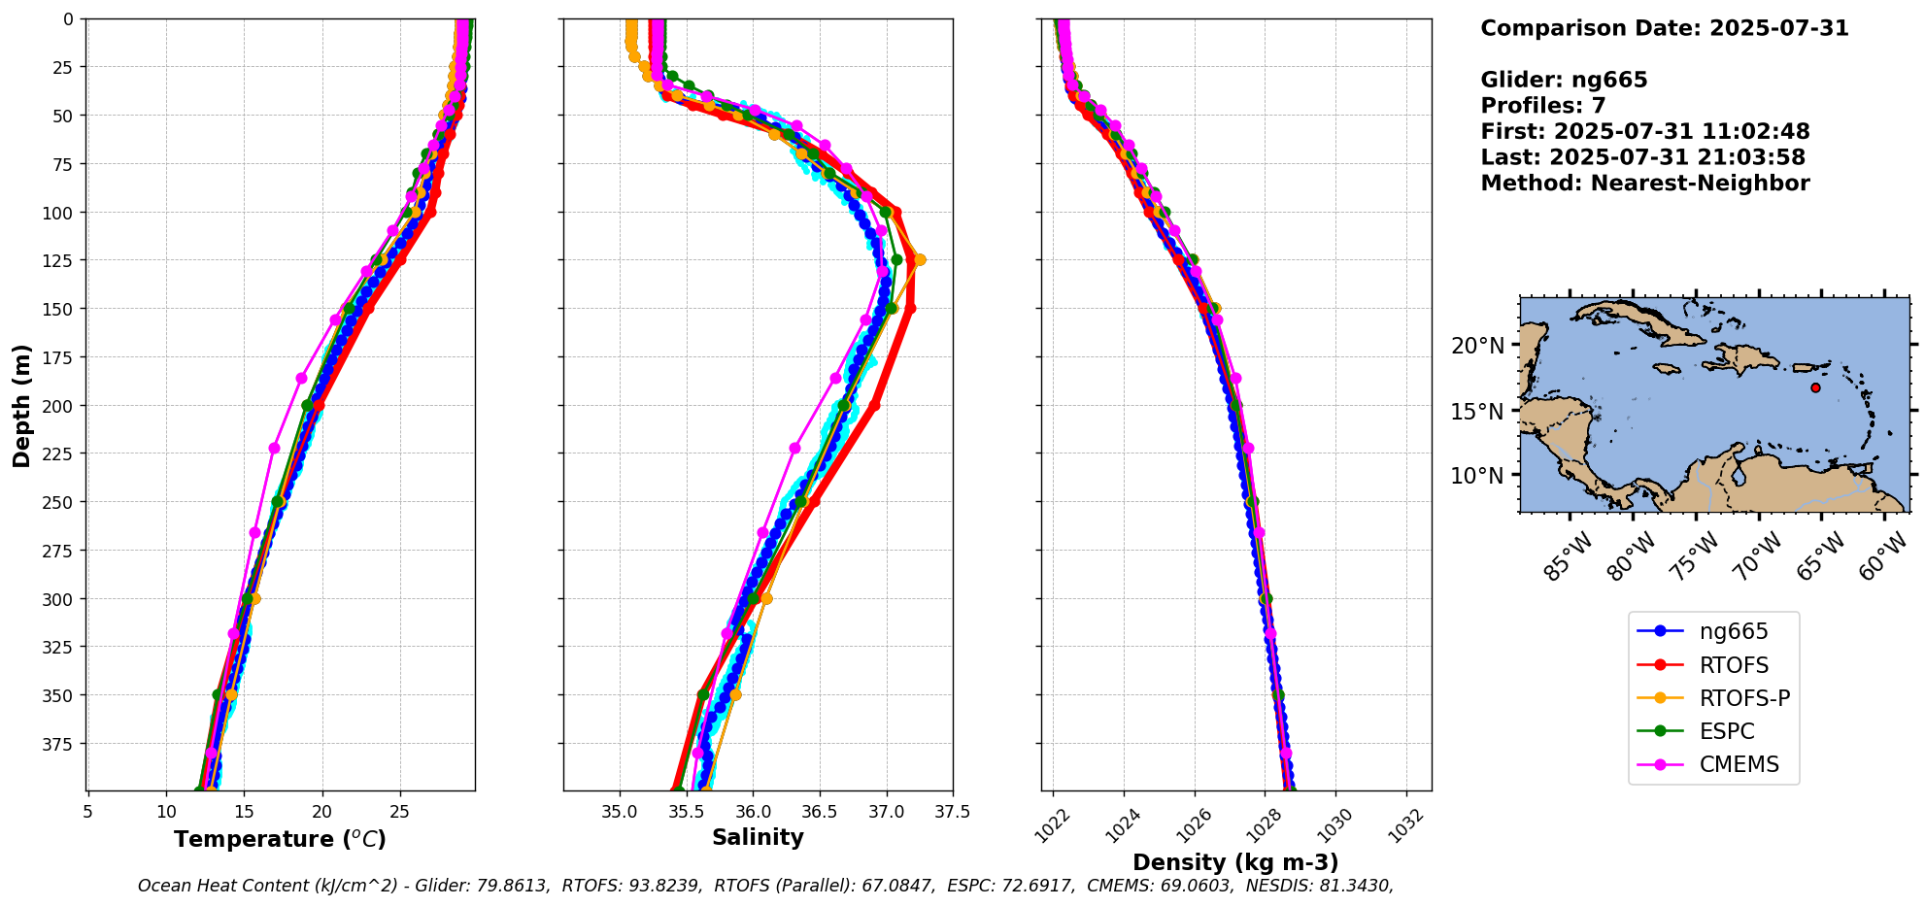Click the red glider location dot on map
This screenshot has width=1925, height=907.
pos(1815,387)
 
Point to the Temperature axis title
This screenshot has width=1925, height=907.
pos(280,839)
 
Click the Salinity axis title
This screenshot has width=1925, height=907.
pos(758,837)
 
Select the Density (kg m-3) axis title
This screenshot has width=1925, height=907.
pos(1235,862)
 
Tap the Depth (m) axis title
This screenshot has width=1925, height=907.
pos(21,405)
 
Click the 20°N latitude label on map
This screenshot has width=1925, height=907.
pos(1476,346)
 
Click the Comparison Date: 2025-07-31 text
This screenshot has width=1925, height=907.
pos(1664,28)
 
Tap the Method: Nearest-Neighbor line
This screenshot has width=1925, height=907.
pos(1644,184)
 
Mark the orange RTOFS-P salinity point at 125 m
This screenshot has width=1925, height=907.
pos(920,259)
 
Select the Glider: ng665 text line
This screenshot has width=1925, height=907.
pos(1564,80)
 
